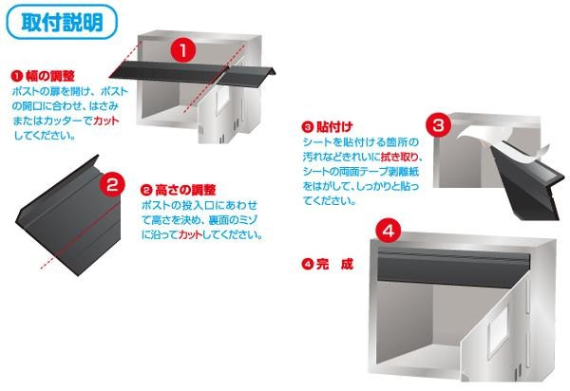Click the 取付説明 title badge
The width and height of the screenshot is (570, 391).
tap(62, 22)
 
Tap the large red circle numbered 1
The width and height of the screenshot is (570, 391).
tap(183, 50)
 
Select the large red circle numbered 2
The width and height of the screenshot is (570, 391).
tap(112, 184)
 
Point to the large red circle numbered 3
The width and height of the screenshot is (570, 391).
tap(439, 125)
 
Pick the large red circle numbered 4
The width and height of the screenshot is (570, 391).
tap(389, 231)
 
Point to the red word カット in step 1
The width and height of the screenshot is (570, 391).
tap(106, 121)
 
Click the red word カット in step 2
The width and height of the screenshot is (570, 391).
tap(191, 234)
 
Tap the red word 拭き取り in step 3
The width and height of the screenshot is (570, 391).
tap(400, 157)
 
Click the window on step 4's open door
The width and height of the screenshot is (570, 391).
tap(498, 330)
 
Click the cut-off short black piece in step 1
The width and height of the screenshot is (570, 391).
tap(247, 76)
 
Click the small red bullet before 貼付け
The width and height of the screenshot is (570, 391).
tap(308, 127)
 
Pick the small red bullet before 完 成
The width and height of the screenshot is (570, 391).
tap(308, 264)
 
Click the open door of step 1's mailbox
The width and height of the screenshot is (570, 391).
tap(218, 113)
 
